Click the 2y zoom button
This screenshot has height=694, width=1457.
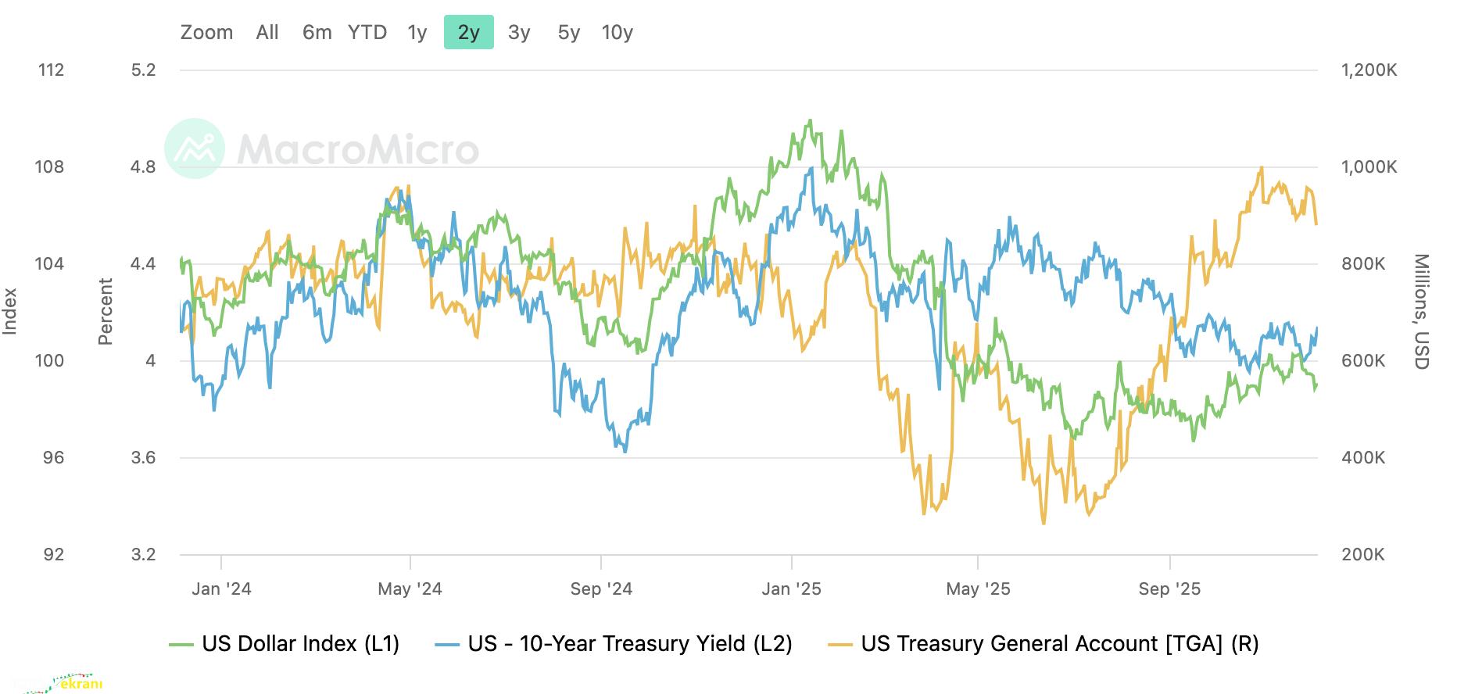pyautogui.click(x=468, y=32)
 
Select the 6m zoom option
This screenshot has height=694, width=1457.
pyautogui.click(x=317, y=32)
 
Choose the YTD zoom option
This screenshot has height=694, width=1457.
pyautogui.click(x=367, y=32)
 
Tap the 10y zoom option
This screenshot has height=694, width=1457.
pyautogui.click(x=617, y=32)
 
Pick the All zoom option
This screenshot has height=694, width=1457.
pyautogui.click(x=267, y=32)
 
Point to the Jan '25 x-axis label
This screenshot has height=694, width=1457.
pyautogui.click(x=792, y=588)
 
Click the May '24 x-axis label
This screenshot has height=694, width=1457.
pyautogui.click(x=410, y=588)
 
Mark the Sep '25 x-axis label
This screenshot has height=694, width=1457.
pyautogui.click(x=1169, y=588)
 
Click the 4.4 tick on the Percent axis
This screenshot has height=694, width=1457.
pyautogui.click(x=143, y=263)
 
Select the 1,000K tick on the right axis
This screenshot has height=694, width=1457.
pyautogui.click(x=1369, y=166)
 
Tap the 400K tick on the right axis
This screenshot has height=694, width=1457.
pyautogui.click(x=1363, y=457)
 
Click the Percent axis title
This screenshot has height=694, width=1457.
pyautogui.click(x=106, y=311)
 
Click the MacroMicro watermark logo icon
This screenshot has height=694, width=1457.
pyautogui.click(x=195, y=148)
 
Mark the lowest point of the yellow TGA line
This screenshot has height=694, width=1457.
pyautogui.click(x=1044, y=523)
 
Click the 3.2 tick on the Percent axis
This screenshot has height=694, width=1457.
pyautogui.click(x=143, y=554)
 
